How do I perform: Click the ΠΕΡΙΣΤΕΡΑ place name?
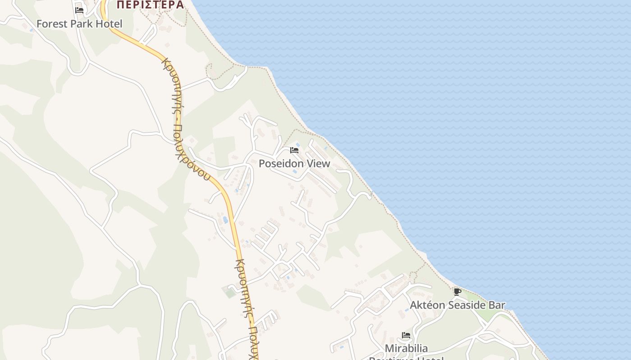[x=150, y=5]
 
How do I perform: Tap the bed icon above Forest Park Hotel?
[x=79, y=10]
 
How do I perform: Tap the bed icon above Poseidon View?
[x=294, y=150]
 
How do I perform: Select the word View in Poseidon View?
[x=319, y=164]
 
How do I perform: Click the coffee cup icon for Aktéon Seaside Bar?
[x=457, y=292]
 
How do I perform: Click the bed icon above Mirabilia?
[x=406, y=335]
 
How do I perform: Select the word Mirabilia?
[x=406, y=348]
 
